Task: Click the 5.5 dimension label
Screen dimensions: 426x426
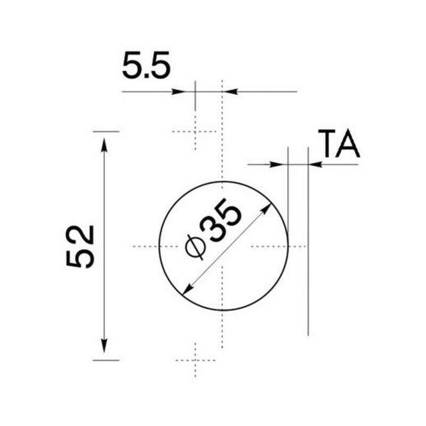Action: (x=146, y=65)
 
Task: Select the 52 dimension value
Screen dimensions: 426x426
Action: (x=80, y=247)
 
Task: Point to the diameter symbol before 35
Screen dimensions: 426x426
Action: (x=195, y=247)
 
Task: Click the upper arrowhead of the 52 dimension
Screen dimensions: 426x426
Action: (x=104, y=145)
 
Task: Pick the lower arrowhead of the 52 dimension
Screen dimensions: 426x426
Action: (x=104, y=346)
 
